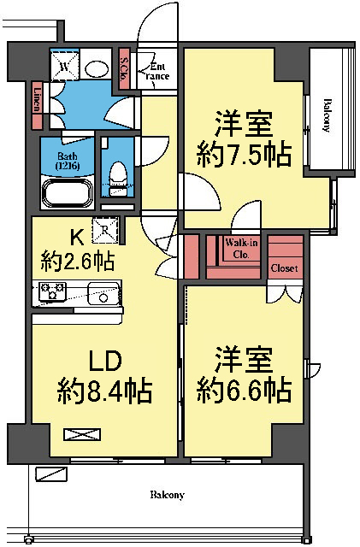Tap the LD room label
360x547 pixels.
click(96, 359)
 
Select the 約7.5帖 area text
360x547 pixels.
click(242, 155)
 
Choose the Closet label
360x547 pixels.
click(284, 268)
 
